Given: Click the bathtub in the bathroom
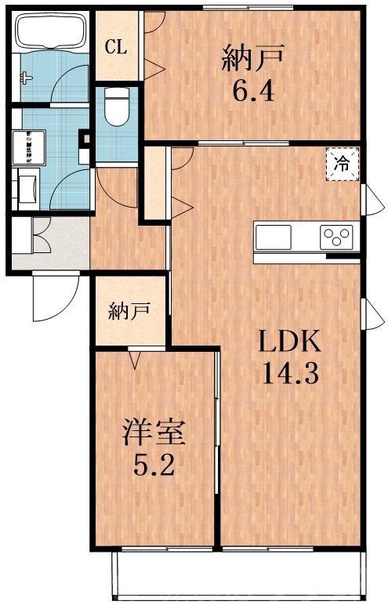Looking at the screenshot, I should (x=48, y=33).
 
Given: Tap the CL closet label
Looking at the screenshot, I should (x=115, y=47).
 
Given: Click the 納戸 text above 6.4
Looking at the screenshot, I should (x=252, y=60).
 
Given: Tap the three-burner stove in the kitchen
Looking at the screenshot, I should (x=338, y=235).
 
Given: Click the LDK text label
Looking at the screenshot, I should (x=288, y=342).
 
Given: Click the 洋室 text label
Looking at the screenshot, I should (x=154, y=433).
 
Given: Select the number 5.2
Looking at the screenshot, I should (x=154, y=468).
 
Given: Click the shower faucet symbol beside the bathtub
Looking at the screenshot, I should (x=26, y=77).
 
